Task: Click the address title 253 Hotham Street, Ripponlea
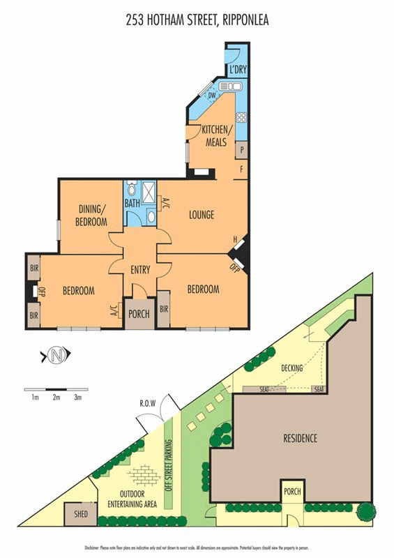(x=197, y=20)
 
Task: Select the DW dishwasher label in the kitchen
(x=212, y=96)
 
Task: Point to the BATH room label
(x=132, y=204)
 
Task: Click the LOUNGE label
(x=202, y=215)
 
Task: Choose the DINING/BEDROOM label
(x=92, y=216)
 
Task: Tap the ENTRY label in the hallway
(x=140, y=270)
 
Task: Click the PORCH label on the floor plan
(x=139, y=314)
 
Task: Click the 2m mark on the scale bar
(x=56, y=398)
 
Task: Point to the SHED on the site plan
(x=75, y=516)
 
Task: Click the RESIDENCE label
(x=301, y=438)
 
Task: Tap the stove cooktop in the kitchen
(x=242, y=117)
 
